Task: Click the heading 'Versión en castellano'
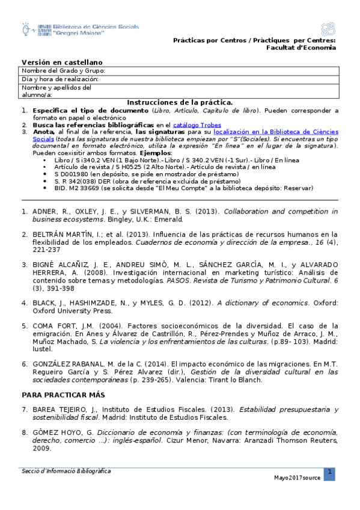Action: [x=62, y=62]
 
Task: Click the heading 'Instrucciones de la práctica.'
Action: [x=180, y=103]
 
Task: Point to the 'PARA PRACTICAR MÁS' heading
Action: [x=63, y=395]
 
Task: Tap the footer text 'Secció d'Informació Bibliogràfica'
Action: [x=66, y=471]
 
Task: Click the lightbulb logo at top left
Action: [x=27, y=29]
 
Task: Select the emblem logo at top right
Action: [x=328, y=29]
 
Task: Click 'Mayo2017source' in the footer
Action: [x=297, y=478]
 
